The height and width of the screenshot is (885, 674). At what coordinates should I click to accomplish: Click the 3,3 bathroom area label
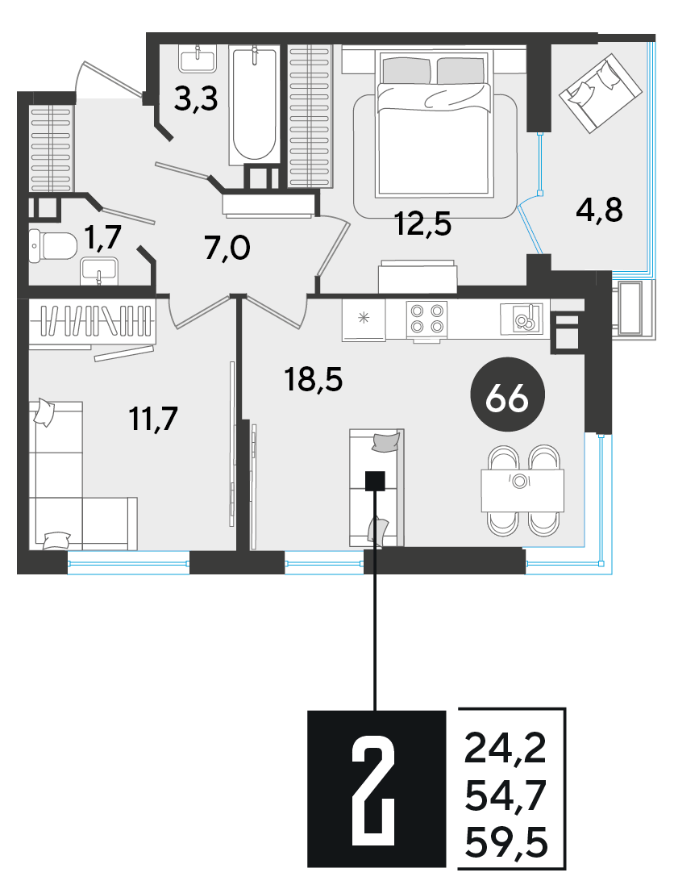196,101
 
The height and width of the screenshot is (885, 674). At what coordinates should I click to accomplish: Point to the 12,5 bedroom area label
423,225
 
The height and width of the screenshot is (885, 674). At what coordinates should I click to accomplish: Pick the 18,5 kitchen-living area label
314,378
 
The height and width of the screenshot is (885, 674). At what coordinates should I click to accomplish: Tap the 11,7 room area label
153,419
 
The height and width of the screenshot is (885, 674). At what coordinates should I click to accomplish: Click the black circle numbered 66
507,399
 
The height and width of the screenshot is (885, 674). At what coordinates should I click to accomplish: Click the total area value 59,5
505,845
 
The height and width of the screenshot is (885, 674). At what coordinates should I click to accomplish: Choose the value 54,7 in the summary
505,796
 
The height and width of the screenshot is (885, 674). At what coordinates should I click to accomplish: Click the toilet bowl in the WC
52,246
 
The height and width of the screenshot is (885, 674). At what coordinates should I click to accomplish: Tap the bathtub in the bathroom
255,105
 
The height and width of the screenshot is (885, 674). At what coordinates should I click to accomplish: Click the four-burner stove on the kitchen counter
427,319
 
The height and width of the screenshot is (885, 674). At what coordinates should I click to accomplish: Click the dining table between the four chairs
523,491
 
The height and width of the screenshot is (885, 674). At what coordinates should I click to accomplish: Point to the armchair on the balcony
601,93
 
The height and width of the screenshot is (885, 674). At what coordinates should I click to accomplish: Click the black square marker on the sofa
375,481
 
